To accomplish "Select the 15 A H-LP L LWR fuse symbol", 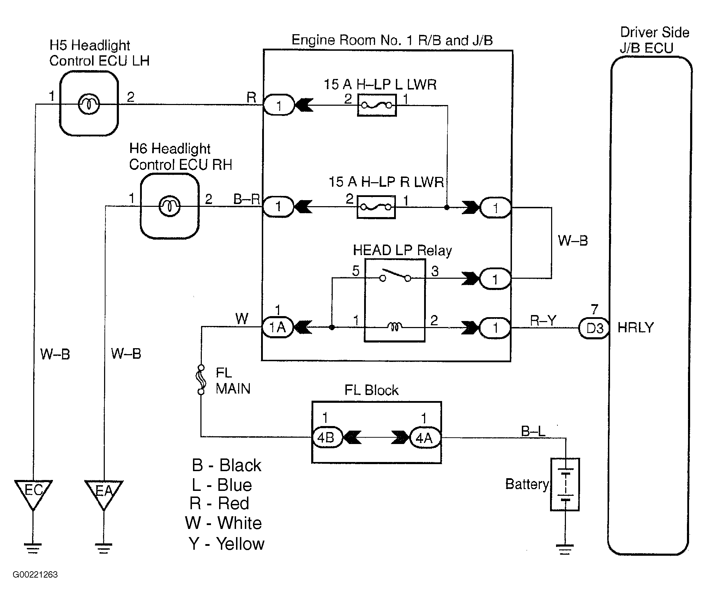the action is click(x=377, y=105).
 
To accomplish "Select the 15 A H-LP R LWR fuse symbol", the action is click(x=376, y=207).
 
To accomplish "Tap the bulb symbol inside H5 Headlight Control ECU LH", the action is click(x=89, y=104).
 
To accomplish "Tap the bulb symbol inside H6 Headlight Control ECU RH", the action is click(x=170, y=206).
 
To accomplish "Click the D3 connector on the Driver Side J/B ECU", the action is click(x=594, y=328).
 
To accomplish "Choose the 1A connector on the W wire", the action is click(x=277, y=327).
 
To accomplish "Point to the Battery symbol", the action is click(x=565, y=484).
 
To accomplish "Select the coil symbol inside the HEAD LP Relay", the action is click(x=395, y=327).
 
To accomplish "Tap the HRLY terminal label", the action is click(x=636, y=328).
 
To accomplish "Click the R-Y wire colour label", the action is click(x=543, y=320).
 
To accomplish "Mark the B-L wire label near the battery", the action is click(x=533, y=431).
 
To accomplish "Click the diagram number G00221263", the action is click(x=35, y=575).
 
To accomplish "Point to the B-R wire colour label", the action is click(x=247, y=199).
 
